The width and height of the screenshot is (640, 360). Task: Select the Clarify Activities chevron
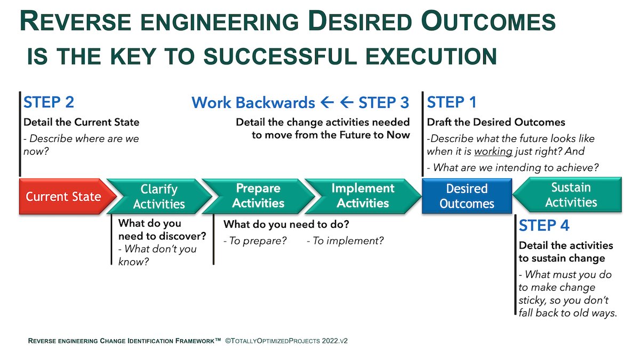(x=159, y=197)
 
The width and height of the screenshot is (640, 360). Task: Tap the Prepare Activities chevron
(x=258, y=196)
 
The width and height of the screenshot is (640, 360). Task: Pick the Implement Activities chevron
(x=363, y=196)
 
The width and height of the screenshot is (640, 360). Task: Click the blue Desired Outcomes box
(x=467, y=196)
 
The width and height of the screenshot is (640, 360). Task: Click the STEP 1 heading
(x=452, y=102)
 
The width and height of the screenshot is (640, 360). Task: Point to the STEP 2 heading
(x=49, y=102)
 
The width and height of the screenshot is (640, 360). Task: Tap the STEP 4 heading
(x=544, y=226)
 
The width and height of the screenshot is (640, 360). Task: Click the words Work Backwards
(x=253, y=102)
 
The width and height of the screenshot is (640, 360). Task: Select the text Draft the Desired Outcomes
(x=496, y=122)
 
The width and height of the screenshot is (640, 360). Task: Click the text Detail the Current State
(x=81, y=122)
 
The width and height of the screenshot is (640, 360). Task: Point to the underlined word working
(x=493, y=151)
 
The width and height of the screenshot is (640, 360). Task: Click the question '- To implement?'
(x=345, y=241)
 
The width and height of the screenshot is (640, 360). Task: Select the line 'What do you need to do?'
(x=286, y=224)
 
